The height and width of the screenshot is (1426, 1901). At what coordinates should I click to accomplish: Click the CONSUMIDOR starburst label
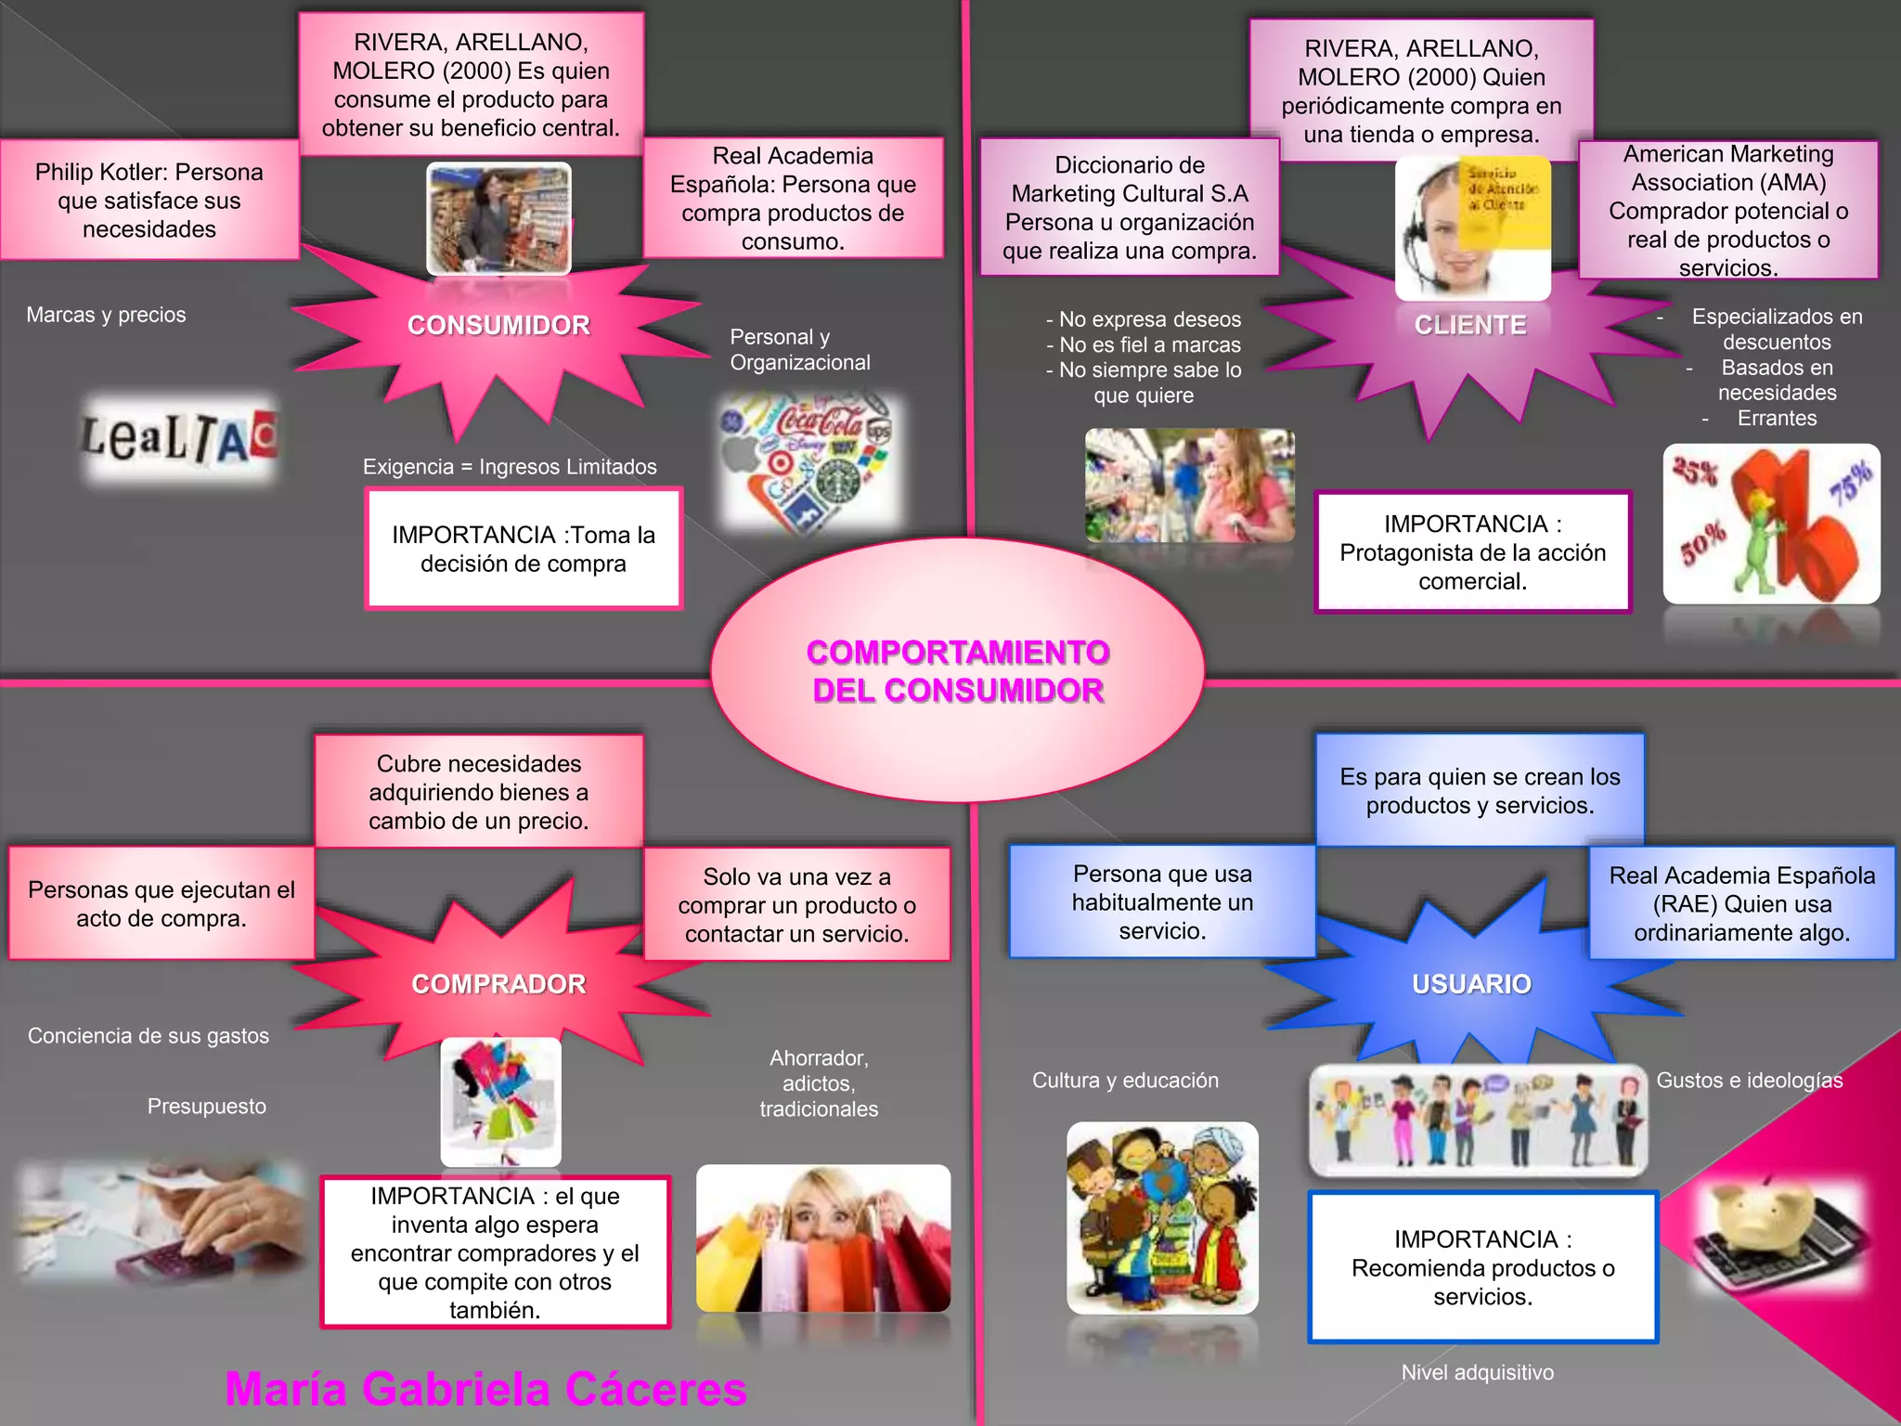click(x=498, y=325)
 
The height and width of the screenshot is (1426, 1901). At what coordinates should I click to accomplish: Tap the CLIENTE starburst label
click(x=1470, y=325)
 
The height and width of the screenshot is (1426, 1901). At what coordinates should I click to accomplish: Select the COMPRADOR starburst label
click(x=498, y=984)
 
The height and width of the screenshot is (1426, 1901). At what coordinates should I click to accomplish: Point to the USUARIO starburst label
click(x=1471, y=984)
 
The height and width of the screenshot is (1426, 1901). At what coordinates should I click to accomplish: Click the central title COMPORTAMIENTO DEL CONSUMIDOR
click(x=958, y=671)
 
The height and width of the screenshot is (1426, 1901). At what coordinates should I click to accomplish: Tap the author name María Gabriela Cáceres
click(x=485, y=1390)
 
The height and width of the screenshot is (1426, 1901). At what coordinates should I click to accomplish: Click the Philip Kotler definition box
click(x=149, y=201)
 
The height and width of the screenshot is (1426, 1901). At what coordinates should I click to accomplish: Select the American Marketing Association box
click(x=1728, y=211)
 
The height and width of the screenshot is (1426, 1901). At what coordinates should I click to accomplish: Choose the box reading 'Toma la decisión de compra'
click(x=524, y=549)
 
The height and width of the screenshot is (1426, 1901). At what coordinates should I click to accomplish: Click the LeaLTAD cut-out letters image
click(x=179, y=439)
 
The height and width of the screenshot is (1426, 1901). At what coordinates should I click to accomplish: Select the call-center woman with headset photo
click(x=1471, y=228)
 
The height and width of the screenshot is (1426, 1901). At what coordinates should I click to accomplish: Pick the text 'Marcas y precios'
click(x=106, y=315)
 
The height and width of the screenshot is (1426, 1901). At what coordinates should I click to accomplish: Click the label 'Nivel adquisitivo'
click(x=1477, y=1372)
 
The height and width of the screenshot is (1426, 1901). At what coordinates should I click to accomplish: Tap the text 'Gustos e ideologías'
click(x=1750, y=1081)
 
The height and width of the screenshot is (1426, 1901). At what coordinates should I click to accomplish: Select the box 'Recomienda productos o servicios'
click(x=1482, y=1267)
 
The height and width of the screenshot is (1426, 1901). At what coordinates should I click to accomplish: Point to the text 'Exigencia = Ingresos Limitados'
click(x=510, y=467)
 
